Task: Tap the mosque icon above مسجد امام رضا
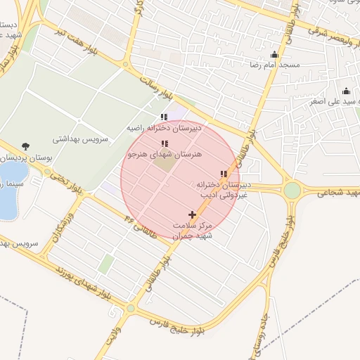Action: pyautogui.click(x=274, y=55)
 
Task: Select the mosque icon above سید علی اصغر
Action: pyautogui.click(x=346, y=91)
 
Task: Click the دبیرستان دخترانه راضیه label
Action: pyautogui.click(x=164, y=129)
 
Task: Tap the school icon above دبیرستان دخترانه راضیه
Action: pyautogui.click(x=164, y=117)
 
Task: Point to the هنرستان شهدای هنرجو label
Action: pyautogui.click(x=164, y=153)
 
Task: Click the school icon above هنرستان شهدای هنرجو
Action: pyautogui.click(x=165, y=143)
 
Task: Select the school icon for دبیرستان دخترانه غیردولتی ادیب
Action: pyautogui.click(x=224, y=174)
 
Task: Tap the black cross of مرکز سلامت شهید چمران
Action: pyautogui.click(x=193, y=214)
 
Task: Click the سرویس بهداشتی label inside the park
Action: pyautogui.click(x=93, y=140)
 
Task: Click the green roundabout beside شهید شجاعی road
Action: pyautogui.click(x=292, y=190)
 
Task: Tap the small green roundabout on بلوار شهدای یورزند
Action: pyautogui.click(x=130, y=308)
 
